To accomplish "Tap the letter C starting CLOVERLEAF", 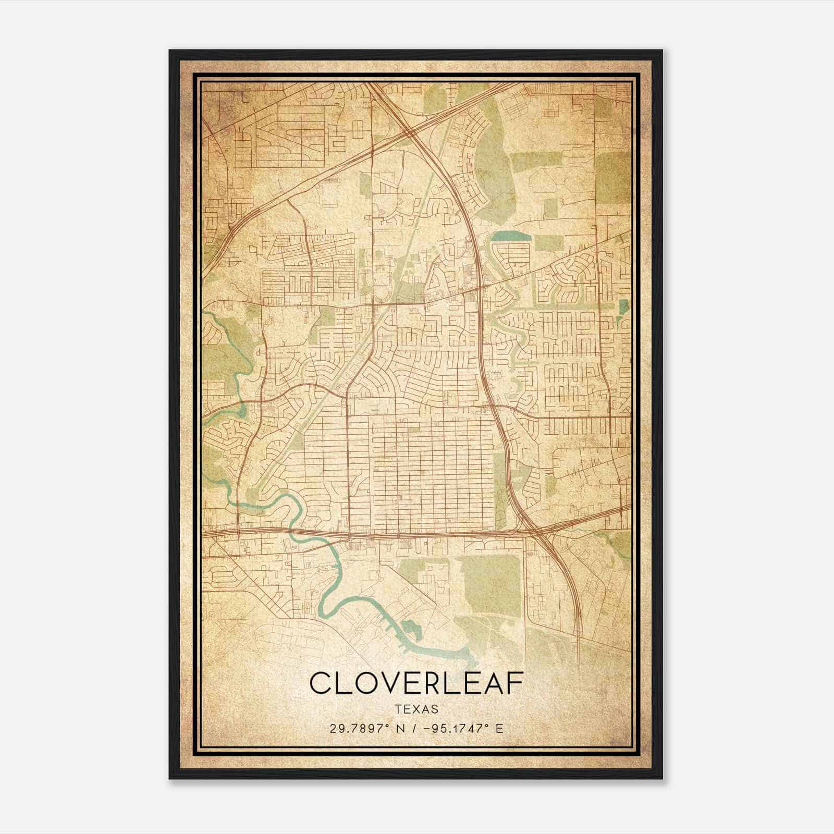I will (321, 683).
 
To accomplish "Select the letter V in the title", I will (389, 683).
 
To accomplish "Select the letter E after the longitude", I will (499, 728).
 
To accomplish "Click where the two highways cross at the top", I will (412, 131).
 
